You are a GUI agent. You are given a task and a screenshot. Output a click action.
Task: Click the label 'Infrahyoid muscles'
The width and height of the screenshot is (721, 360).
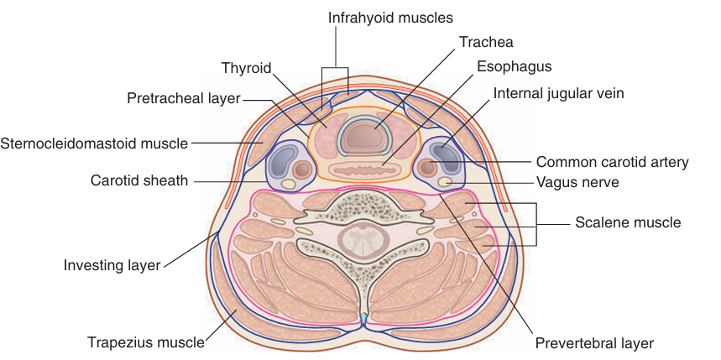(379, 17)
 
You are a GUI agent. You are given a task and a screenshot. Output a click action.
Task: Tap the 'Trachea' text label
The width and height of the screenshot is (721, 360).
(486, 41)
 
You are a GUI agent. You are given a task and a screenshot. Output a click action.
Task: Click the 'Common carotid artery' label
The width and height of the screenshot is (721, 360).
(612, 162)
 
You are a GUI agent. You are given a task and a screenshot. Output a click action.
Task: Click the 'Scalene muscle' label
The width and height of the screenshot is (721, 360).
(628, 222)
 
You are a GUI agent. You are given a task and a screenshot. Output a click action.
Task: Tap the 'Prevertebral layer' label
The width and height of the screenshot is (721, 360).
(593, 342)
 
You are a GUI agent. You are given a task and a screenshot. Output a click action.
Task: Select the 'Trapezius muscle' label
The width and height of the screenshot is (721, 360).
(146, 342)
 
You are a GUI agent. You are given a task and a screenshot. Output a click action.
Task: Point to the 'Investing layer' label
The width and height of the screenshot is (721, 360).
(112, 265)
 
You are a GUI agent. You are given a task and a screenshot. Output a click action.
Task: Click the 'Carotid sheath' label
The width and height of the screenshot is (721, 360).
(138, 180)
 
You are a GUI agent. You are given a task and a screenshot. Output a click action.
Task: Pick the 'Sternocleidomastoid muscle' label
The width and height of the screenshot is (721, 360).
(94, 143)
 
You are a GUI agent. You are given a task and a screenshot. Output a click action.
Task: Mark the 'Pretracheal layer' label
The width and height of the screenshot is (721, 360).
(184, 99)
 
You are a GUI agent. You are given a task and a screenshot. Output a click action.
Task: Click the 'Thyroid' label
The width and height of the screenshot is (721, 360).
(246, 68)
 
